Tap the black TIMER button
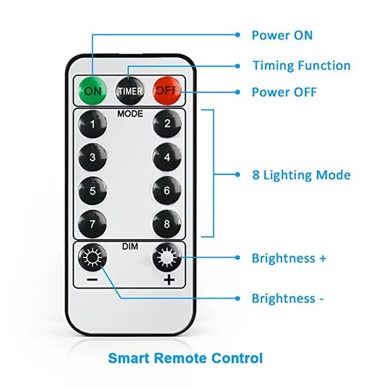(129, 90)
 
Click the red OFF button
(167, 90)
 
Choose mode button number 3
(92, 157)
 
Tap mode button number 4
(167, 157)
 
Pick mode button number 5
(92, 190)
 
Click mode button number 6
(167, 190)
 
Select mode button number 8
(167, 223)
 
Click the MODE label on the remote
(130, 114)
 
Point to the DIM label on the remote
(130, 247)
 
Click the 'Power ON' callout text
(282, 35)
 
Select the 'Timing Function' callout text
(301, 65)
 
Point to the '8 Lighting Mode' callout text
(301, 175)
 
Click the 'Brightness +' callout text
(289, 258)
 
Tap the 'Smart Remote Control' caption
(186, 358)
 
